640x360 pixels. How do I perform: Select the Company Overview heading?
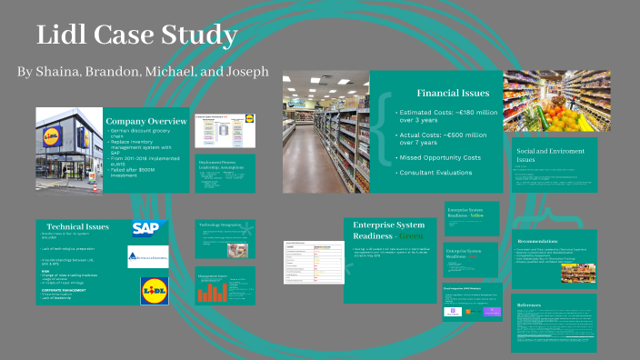146,121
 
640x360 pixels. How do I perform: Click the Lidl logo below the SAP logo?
155,291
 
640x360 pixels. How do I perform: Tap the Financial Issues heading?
453,93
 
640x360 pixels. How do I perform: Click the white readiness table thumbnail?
313,260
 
